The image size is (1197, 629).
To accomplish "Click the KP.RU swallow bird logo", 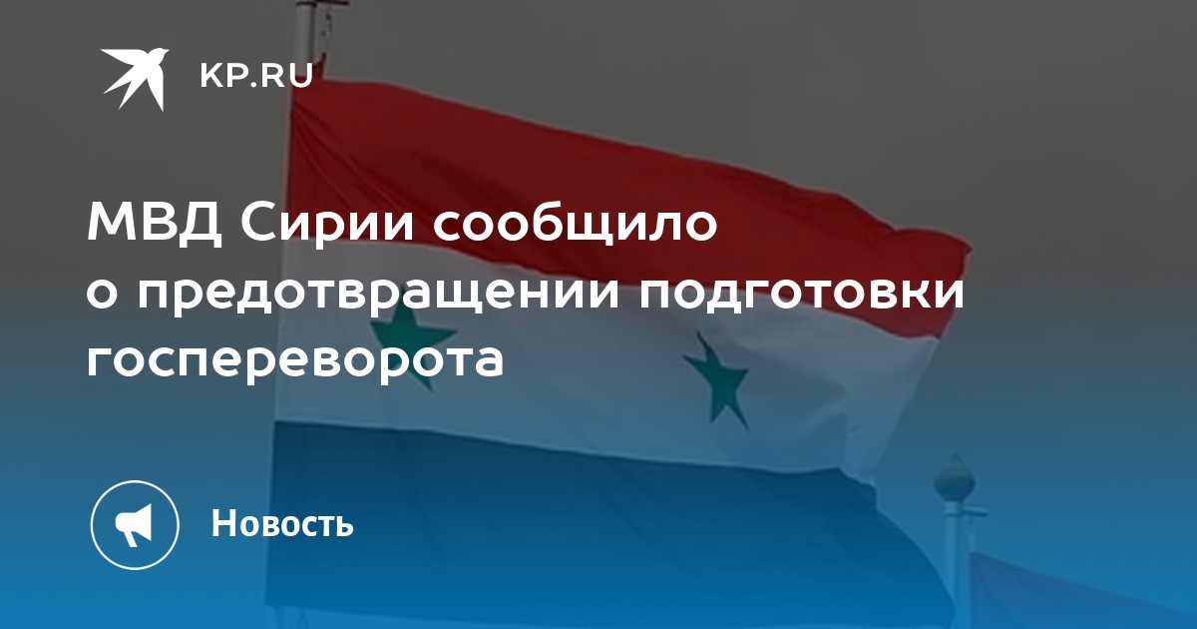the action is pyautogui.click(x=135, y=79).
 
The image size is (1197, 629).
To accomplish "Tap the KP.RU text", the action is pyautogui.click(x=256, y=76).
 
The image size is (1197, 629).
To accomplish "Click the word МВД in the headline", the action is pyautogui.click(x=155, y=224).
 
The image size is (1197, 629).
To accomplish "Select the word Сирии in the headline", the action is pyautogui.click(x=327, y=224).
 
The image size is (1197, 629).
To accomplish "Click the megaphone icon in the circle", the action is pyautogui.click(x=134, y=524).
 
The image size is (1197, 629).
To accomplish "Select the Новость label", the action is pyautogui.click(x=282, y=523).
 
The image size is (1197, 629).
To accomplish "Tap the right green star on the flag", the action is pyautogui.click(x=716, y=378).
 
